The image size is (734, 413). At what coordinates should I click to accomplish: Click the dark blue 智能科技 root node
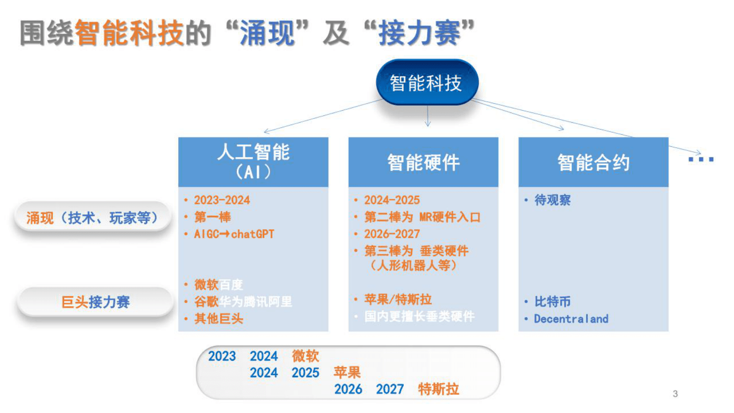click(x=426, y=83)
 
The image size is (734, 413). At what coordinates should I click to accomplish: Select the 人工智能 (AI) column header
click(x=253, y=162)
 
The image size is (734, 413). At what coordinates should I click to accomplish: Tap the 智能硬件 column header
click(x=423, y=162)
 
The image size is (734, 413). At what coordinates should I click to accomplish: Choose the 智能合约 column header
click(x=593, y=162)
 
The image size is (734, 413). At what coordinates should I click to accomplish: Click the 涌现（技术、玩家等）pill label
click(x=93, y=217)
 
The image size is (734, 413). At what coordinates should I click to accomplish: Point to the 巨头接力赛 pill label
click(x=95, y=302)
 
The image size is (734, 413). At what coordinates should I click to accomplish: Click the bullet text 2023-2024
click(x=222, y=200)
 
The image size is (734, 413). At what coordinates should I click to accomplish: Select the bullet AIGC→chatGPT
click(x=234, y=234)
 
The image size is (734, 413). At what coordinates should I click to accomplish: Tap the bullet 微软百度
click(x=218, y=284)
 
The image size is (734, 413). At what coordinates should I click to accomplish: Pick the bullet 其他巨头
click(x=218, y=319)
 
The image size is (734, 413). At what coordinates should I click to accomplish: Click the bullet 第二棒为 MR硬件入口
click(x=422, y=217)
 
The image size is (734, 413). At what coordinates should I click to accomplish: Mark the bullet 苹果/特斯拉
click(x=398, y=300)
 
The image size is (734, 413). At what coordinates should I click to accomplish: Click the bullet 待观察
click(x=552, y=200)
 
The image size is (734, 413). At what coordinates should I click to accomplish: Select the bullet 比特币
click(x=552, y=302)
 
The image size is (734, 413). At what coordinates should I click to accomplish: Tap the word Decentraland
click(x=571, y=319)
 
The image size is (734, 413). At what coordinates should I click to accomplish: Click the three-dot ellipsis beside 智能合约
click(x=701, y=159)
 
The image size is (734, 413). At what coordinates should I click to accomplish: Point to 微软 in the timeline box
click(x=305, y=356)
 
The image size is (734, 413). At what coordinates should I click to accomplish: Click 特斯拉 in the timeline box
click(x=438, y=389)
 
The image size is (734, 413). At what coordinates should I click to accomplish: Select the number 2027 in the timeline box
click(x=389, y=389)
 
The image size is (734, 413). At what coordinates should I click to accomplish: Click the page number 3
click(x=675, y=394)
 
